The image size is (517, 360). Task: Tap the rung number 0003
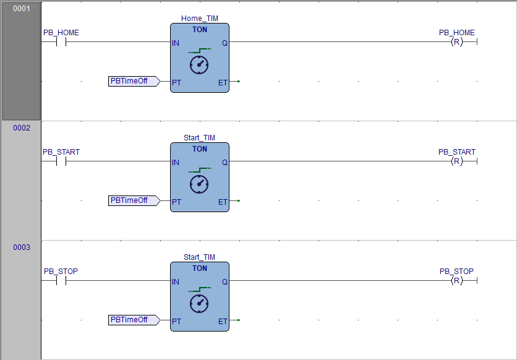(21, 247)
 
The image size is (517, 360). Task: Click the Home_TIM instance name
(199, 19)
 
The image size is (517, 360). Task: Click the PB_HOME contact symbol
(61, 42)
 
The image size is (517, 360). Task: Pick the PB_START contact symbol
(61, 161)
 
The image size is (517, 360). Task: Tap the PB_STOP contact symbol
(61, 281)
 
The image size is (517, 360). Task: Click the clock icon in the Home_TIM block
(199, 64)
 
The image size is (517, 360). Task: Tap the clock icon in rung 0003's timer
(199, 303)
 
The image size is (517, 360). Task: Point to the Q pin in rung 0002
(224, 162)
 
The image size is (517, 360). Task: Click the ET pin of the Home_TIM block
(223, 82)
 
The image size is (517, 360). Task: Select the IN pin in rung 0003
(176, 282)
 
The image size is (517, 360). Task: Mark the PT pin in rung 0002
(177, 202)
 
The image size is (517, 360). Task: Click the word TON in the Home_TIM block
(199, 30)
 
